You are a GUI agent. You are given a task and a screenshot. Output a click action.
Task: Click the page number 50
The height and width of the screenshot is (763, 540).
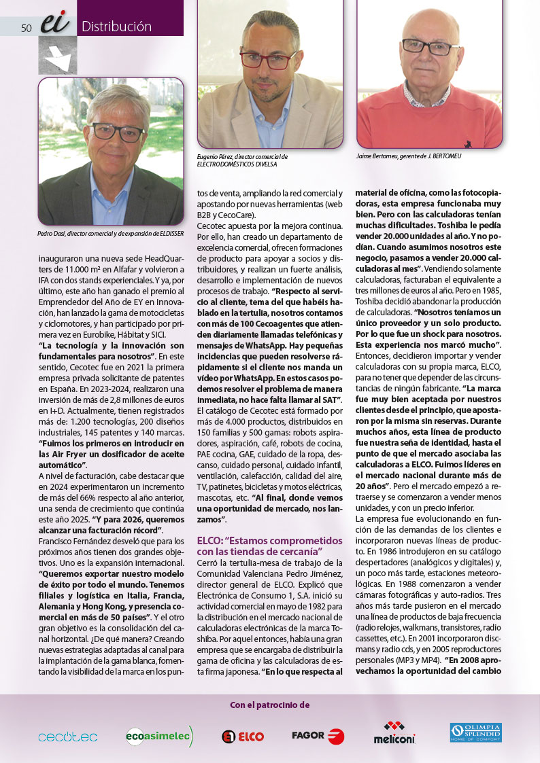pyautogui.click(x=27, y=28)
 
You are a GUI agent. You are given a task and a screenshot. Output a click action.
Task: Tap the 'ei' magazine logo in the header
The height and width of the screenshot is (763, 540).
pyautogui.click(x=55, y=24)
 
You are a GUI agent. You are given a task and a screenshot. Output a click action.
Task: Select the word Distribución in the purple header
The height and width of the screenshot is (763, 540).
pyautogui.click(x=116, y=27)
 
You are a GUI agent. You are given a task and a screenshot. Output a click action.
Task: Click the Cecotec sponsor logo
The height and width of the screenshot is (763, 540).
pyautogui.click(x=68, y=737)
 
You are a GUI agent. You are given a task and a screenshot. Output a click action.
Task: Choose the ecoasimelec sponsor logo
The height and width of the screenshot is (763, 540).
pyautogui.click(x=159, y=736)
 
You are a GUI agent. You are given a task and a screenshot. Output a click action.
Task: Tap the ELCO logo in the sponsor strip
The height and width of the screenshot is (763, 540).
pyautogui.click(x=243, y=737)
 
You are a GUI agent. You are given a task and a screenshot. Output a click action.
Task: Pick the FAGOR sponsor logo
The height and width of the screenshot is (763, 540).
pyautogui.click(x=318, y=736)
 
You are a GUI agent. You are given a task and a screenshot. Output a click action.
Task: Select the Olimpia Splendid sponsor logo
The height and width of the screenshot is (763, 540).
pyautogui.click(x=476, y=733)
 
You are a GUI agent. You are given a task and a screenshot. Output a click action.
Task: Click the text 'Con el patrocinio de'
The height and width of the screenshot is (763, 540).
pyautogui.click(x=270, y=705)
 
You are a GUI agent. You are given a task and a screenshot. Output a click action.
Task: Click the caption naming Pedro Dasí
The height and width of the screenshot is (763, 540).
pyautogui.click(x=111, y=234)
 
